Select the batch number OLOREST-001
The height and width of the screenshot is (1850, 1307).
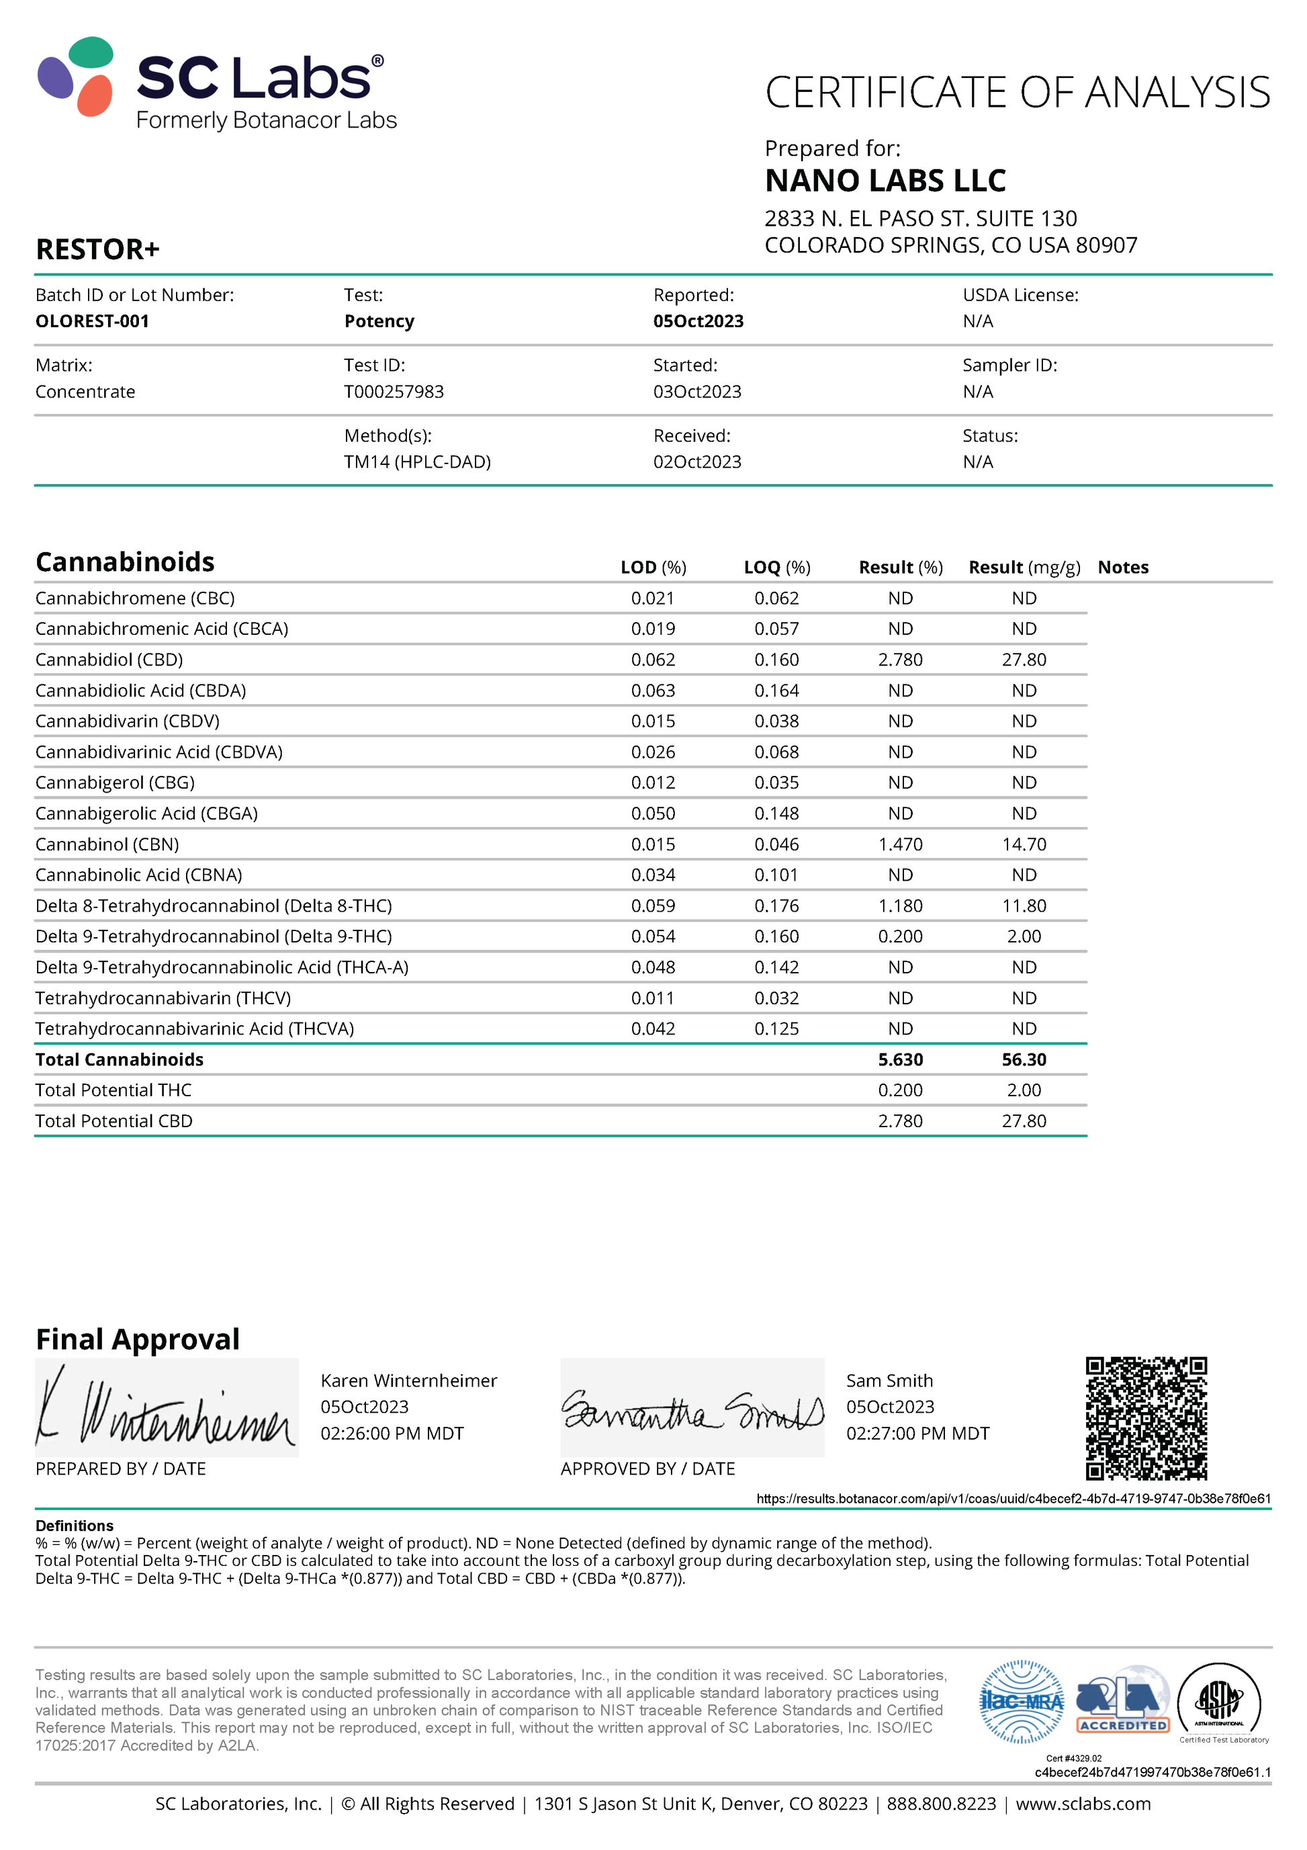tap(92, 320)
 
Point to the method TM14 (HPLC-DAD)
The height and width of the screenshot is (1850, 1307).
tap(416, 461)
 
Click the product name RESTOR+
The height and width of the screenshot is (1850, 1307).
tap(97, 250)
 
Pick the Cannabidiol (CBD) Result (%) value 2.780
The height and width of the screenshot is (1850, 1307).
tap(900, 659)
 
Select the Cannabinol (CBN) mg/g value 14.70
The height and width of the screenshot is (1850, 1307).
tap(1024, 844)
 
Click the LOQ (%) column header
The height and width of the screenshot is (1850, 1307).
tap(777, 567)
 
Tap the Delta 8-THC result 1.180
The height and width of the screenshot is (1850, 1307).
tap(900, 906)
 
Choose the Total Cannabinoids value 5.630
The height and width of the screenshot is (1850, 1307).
tap(900, 1059)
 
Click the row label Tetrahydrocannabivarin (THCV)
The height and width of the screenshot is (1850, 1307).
tap(163, 998)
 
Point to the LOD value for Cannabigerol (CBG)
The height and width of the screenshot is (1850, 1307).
tap(653, 783)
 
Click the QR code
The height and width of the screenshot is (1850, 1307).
tap(1146, 1418)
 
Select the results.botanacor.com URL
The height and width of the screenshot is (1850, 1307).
tap(1013, 1499)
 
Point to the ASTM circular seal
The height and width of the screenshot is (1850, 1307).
tap(1219, 1701)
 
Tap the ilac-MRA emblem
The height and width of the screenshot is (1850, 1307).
tap(1022, 1701)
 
